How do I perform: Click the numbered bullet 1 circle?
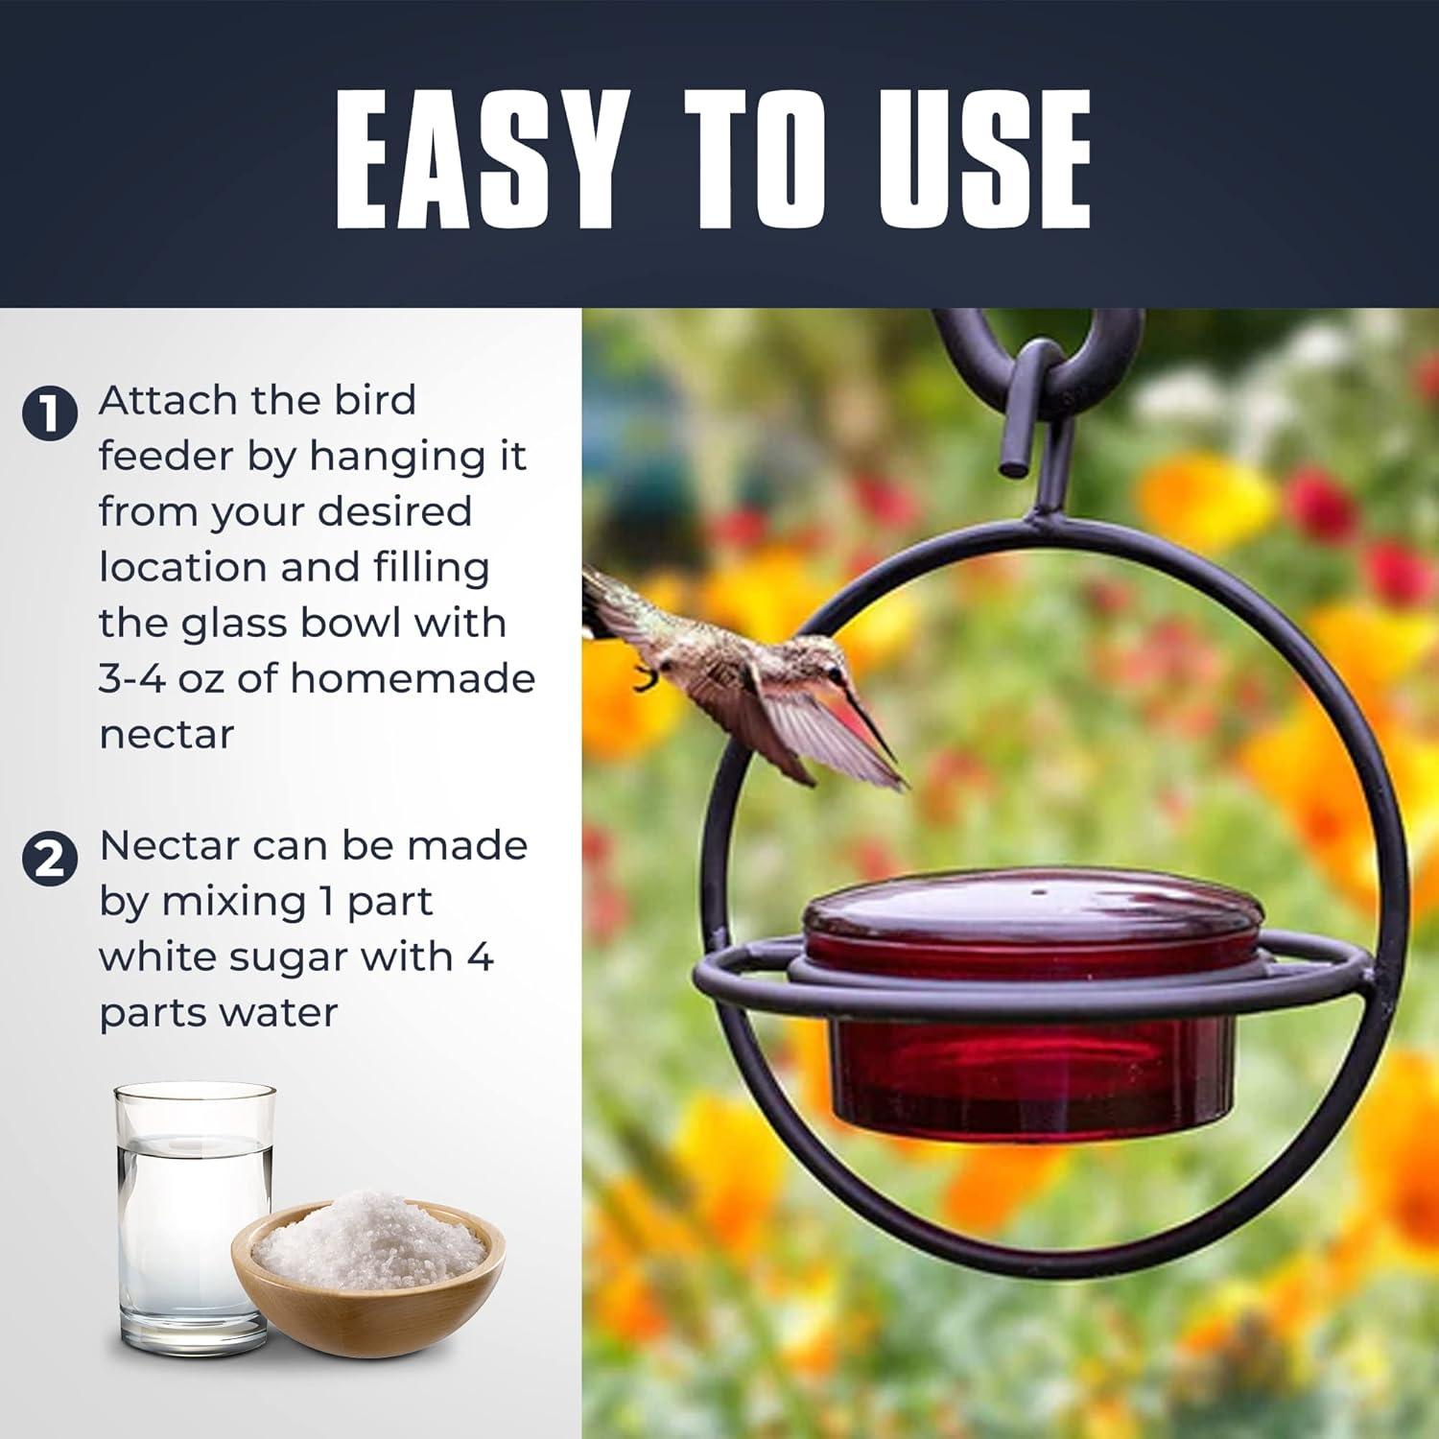(x=48, y=414)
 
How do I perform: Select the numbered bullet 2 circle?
(x=48, y=858)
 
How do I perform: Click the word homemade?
(x=413, y=678)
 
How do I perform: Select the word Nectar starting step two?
(x=170, y=845)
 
